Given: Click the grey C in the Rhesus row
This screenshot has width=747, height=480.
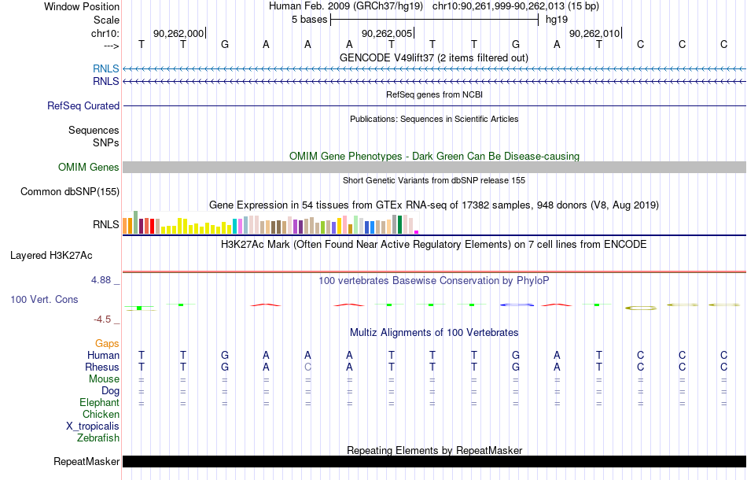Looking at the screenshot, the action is click(307, 367).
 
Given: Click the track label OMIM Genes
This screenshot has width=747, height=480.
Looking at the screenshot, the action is click(89, 168).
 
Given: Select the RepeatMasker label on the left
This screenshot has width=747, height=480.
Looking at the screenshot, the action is click(86, 461).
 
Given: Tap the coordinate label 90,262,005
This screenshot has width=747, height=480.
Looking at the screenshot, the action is click(386, 33).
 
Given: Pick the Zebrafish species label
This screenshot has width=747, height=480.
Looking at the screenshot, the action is click(98, 438).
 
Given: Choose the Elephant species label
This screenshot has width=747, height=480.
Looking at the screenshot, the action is click(99, 402).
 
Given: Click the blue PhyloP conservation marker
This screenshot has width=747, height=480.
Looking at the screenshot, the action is click(517, 305).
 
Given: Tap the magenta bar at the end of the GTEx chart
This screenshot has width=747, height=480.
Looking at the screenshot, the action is click(417, 232).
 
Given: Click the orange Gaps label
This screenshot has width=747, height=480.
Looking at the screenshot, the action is click(107, 343).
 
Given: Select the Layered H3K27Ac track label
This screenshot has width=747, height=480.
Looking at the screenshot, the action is click(51, 256).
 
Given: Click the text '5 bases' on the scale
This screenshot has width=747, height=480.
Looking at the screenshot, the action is click(310, 20).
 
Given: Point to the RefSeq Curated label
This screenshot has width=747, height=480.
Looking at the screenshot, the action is click(83, 105).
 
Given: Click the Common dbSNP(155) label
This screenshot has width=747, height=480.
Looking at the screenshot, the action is click(70, 192).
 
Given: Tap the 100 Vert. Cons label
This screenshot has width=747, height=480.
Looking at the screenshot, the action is click(44, 299).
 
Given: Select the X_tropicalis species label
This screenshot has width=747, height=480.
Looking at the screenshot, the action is click(93, 426).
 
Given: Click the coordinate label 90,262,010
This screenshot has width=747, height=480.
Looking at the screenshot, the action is click(594, 33).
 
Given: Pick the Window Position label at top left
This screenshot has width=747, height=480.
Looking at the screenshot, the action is click(82, 6).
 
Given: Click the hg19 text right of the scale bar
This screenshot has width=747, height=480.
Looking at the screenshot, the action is click(557, 20).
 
